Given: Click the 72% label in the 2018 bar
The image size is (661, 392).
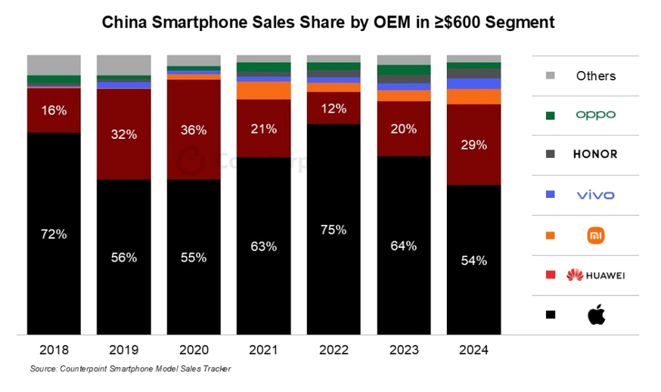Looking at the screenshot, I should pos(54,234).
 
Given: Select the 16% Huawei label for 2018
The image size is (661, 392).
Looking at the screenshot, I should pos(54,110).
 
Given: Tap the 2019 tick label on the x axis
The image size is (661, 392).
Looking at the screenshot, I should pos(123,350).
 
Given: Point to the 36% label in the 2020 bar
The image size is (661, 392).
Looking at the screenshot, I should pos(194,130).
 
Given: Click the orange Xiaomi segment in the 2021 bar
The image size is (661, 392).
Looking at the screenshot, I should pos(263,90).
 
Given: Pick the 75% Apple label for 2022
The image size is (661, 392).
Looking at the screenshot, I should pos(333,230).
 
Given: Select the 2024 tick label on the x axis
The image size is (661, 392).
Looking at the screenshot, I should pos(473,350).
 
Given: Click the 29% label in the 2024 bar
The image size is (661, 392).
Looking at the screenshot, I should pos(473,144).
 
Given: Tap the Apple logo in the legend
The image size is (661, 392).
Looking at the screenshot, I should pos(596,314).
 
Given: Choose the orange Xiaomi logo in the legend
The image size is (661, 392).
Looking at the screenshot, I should pos(596,236).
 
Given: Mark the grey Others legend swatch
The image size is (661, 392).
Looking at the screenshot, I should pos(551,76).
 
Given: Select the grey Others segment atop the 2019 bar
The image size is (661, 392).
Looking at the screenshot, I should pos(123,65).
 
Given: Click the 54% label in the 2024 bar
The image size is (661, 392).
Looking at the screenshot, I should pos(473,261).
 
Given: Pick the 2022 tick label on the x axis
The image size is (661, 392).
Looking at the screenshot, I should pos(333,350).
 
